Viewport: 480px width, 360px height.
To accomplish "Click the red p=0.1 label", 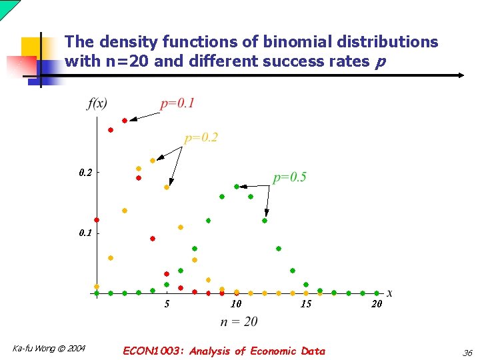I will [177, 103].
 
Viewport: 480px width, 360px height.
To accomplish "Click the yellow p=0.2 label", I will [201, 138].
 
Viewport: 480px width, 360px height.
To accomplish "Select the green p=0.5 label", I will [289, 177].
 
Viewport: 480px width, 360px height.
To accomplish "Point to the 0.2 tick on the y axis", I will [85, 173].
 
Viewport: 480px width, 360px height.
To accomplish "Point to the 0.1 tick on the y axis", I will [85, 234].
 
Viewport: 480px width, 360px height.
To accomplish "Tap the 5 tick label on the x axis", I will [167, 305].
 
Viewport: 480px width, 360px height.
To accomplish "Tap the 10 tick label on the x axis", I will [236, 305].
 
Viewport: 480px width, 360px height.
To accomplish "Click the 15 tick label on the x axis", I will [306, 305].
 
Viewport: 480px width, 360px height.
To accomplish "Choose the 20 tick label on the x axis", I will [377, 305].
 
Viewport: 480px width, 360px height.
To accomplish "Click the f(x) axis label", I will [97, 103].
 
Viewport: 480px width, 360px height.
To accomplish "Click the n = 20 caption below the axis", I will [239, 322].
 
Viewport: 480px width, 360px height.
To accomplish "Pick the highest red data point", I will [125, 121].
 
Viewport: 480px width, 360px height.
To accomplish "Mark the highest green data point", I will [237, 187].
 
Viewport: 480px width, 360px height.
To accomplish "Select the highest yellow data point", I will [153, 161].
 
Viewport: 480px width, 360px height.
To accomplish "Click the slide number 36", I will [467, 353].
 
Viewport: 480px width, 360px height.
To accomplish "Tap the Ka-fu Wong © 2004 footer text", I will [49, 348].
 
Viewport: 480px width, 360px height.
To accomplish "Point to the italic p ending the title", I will [380, 63].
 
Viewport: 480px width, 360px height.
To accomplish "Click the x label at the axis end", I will [389, 293].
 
